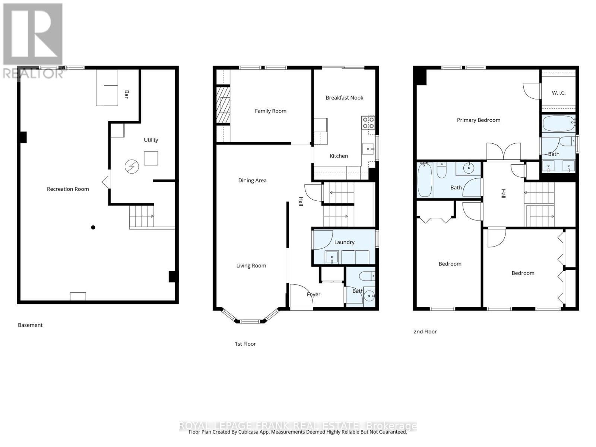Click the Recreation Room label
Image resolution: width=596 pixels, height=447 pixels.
(68, 189)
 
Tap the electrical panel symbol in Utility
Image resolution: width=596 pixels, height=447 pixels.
(131, 167)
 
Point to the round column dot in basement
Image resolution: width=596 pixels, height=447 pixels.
(93, 227)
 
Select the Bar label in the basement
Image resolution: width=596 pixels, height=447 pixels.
(126, 94)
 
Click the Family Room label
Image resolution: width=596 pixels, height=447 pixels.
(270, 111)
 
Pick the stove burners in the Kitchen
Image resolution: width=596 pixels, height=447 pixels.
(368, 123)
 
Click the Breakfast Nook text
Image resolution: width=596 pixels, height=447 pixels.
(344, 98)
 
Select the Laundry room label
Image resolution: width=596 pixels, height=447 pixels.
(344, 242)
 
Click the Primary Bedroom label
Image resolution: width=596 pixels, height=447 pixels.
(478, 120)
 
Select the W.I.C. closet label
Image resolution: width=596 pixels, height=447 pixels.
(558, 93)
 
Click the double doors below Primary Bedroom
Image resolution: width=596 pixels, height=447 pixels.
(503, 152)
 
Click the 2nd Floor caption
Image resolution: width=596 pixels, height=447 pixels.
(425, 331)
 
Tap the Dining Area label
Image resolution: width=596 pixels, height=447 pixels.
(252, 180)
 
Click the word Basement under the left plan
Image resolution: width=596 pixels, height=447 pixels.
(30, 325)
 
